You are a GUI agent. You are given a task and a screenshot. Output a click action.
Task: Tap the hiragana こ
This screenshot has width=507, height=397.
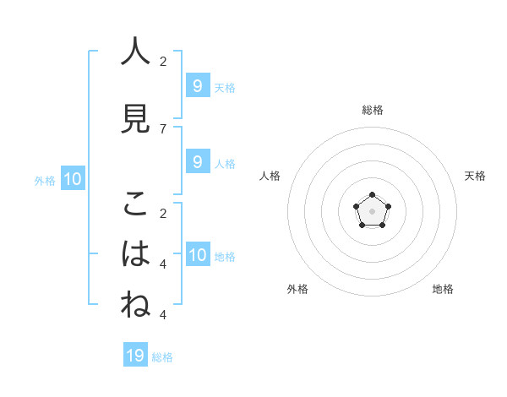(x=135, y=204)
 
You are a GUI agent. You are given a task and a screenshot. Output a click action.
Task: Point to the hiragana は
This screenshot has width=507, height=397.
(x=135, y=254)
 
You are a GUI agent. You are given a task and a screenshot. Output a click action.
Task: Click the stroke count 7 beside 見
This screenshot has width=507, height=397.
(x=163, y=128)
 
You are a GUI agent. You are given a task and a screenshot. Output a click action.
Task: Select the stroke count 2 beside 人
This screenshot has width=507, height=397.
(x=163, y=61)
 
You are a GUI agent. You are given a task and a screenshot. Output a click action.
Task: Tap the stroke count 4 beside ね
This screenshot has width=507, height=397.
(x=163, y=314)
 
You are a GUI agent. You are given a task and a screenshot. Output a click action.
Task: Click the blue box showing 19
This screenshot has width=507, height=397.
(x=135, y=356)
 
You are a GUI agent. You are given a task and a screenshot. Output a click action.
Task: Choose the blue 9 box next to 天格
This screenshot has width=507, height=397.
(x=197, y=86)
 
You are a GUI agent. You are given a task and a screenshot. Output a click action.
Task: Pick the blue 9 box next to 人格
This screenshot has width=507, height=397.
(x=197, y=162)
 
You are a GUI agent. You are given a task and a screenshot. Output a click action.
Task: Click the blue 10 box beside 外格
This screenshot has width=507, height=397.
(x=72, y=179)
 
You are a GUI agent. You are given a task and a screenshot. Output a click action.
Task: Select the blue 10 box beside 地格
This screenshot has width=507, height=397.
(x=197, y=255)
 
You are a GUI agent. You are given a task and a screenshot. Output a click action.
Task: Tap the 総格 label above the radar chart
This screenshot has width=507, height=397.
(x=372, y=110)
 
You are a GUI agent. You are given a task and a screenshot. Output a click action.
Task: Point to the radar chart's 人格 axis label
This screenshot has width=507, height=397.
(x=270, y=176)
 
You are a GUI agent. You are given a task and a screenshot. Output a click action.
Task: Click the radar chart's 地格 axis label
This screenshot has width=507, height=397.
(x=443, y=289)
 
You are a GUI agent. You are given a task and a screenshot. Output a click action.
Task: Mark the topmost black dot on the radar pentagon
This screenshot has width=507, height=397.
(x=372, y=195)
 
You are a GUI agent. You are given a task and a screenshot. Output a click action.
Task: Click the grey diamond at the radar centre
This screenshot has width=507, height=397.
(x=372, y=209)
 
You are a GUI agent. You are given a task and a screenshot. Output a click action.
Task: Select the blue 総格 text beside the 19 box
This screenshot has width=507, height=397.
(x=162, y=357)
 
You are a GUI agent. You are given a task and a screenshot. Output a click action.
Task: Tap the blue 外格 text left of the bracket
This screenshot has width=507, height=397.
(x=45, y=180)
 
